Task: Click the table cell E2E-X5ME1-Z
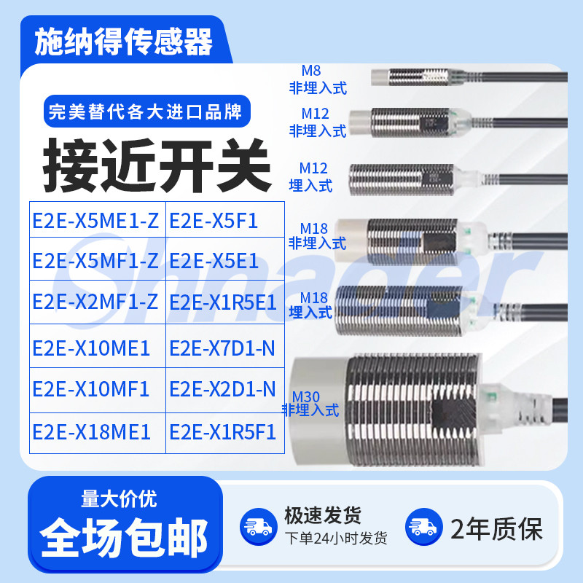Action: tap(95, 221)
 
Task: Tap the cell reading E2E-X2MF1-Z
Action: tap(95, 301)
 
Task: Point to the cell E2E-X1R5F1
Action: tap(222, 431)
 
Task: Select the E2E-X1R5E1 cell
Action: tap(222, 301)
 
